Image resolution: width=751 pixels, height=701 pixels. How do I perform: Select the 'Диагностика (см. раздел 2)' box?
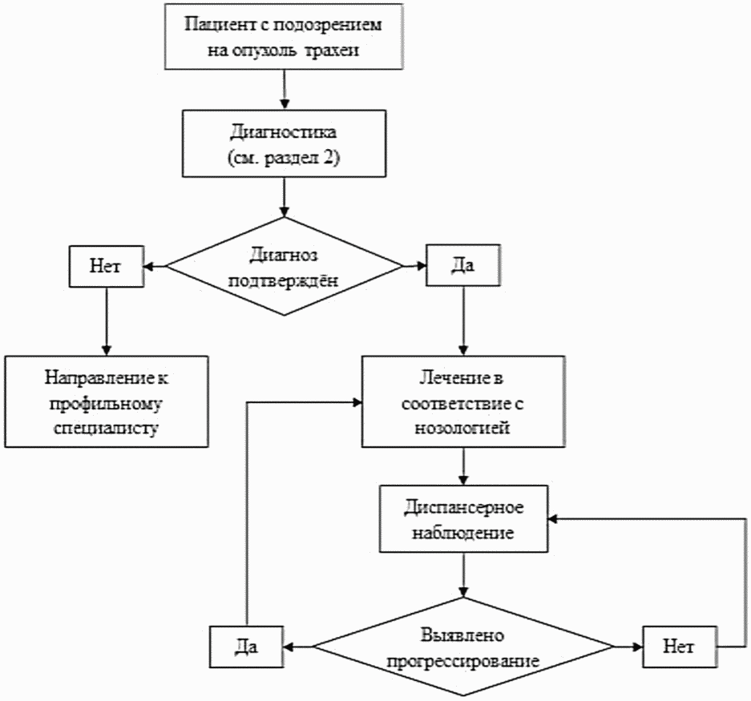coord(284,142)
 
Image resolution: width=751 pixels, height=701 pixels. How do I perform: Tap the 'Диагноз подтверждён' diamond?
coord(284,266)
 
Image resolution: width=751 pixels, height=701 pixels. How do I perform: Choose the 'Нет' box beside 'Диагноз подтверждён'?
coord(107,266)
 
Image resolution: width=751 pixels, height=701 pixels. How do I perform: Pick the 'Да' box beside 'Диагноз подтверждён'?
coord(463,266)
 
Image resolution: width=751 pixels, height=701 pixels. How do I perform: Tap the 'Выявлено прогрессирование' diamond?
coord(462,647)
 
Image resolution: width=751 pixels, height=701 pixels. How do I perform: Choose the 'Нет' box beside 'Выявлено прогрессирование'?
coord(678,646)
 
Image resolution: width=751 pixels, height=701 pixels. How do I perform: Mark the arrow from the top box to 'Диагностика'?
coord(284,88)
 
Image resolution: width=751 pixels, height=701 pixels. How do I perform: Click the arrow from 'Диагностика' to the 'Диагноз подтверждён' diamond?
coord(284,196)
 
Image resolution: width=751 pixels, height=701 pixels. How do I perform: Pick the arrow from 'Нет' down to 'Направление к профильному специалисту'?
coord(107,316)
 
